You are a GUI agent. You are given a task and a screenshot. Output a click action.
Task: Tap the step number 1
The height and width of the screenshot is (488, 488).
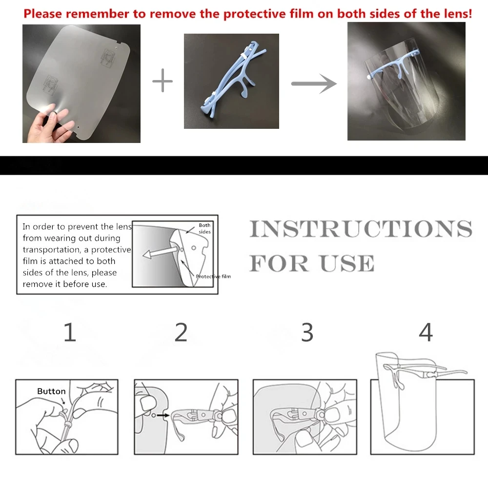tap(70, 333)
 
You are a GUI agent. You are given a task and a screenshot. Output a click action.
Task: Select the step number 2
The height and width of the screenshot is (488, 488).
tap(181, 333)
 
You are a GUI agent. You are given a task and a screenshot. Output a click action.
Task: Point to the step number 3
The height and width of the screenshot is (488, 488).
tap(306, 333)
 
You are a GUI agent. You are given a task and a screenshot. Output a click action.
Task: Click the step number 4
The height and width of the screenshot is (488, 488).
tap(426, 333)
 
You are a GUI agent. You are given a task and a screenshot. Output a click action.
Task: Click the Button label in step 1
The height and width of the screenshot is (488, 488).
tap(51, 391)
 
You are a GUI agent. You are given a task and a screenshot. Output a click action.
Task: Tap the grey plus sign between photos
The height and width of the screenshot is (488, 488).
tap(163, 81)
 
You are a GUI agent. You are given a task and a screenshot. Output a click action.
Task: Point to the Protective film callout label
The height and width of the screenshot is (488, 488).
tap(213, 277)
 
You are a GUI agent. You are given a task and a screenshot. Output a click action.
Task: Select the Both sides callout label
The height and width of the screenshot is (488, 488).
tap(204, 228)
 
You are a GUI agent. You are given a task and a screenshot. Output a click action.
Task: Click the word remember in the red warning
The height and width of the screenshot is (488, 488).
tap(101, 14)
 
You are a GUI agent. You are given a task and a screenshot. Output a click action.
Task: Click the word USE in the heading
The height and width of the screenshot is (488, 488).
tap(347, 264)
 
